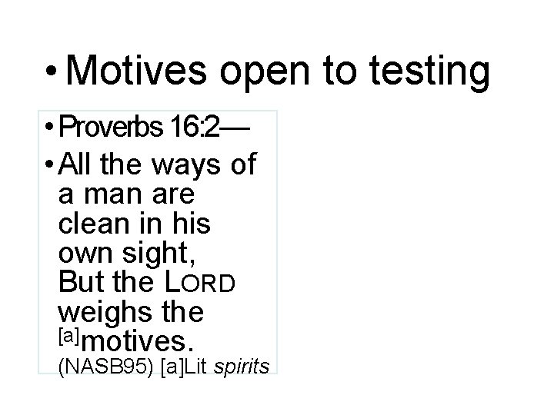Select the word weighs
(100, 312)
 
